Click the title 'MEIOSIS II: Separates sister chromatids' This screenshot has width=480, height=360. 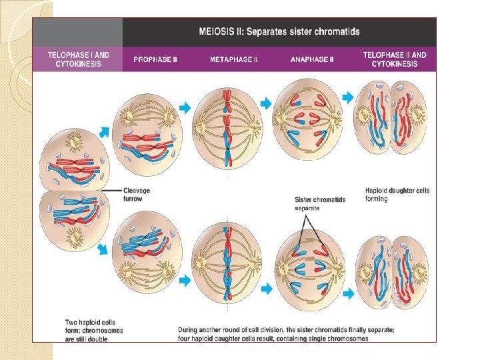click(279, 31)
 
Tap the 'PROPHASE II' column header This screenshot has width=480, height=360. click(155, 59)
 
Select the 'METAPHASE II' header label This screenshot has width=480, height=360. click(231, 59)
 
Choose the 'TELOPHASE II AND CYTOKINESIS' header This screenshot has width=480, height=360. click(395, 59)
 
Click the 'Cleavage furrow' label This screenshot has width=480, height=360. click(137, 194)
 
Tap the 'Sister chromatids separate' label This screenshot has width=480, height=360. click(320, 203)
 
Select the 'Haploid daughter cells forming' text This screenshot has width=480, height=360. click(397, 195)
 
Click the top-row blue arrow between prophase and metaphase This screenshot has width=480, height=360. click(185, 107)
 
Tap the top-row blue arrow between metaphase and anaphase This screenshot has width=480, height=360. click(265, 103)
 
